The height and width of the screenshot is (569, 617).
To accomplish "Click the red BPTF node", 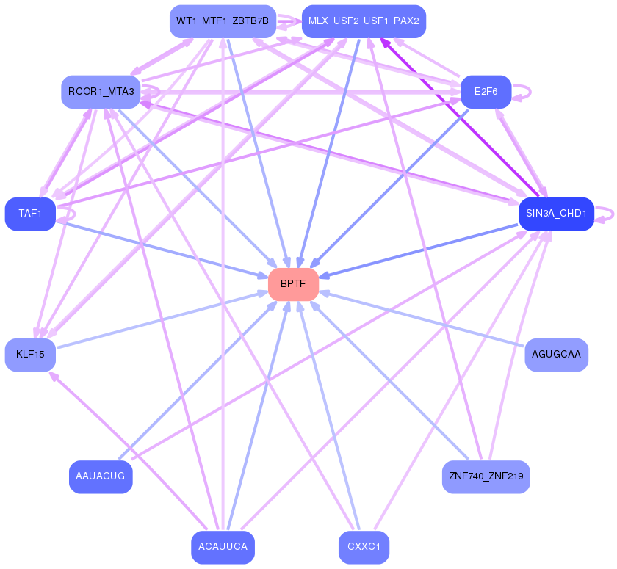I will click(293, 284).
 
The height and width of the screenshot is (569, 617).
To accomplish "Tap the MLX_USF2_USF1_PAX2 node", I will click(364, 21).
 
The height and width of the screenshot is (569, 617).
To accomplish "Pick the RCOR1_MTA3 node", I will click(101, 92).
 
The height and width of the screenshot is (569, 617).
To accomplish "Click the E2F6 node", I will click(486, 92).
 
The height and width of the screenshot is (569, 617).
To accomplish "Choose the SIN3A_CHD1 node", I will click(555, 214).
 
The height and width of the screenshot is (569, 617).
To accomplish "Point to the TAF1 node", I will click(30, 214).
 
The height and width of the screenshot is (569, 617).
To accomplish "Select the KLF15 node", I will click(30, 355).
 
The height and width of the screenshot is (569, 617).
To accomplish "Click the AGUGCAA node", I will click(556, 355).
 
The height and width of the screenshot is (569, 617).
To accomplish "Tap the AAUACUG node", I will click(101, 476).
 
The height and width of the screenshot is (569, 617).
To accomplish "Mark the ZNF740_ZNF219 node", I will click(486, 476).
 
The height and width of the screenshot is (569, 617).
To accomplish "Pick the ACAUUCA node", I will click(223, 547).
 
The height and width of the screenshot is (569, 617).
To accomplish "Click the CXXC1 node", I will click(364, 547).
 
